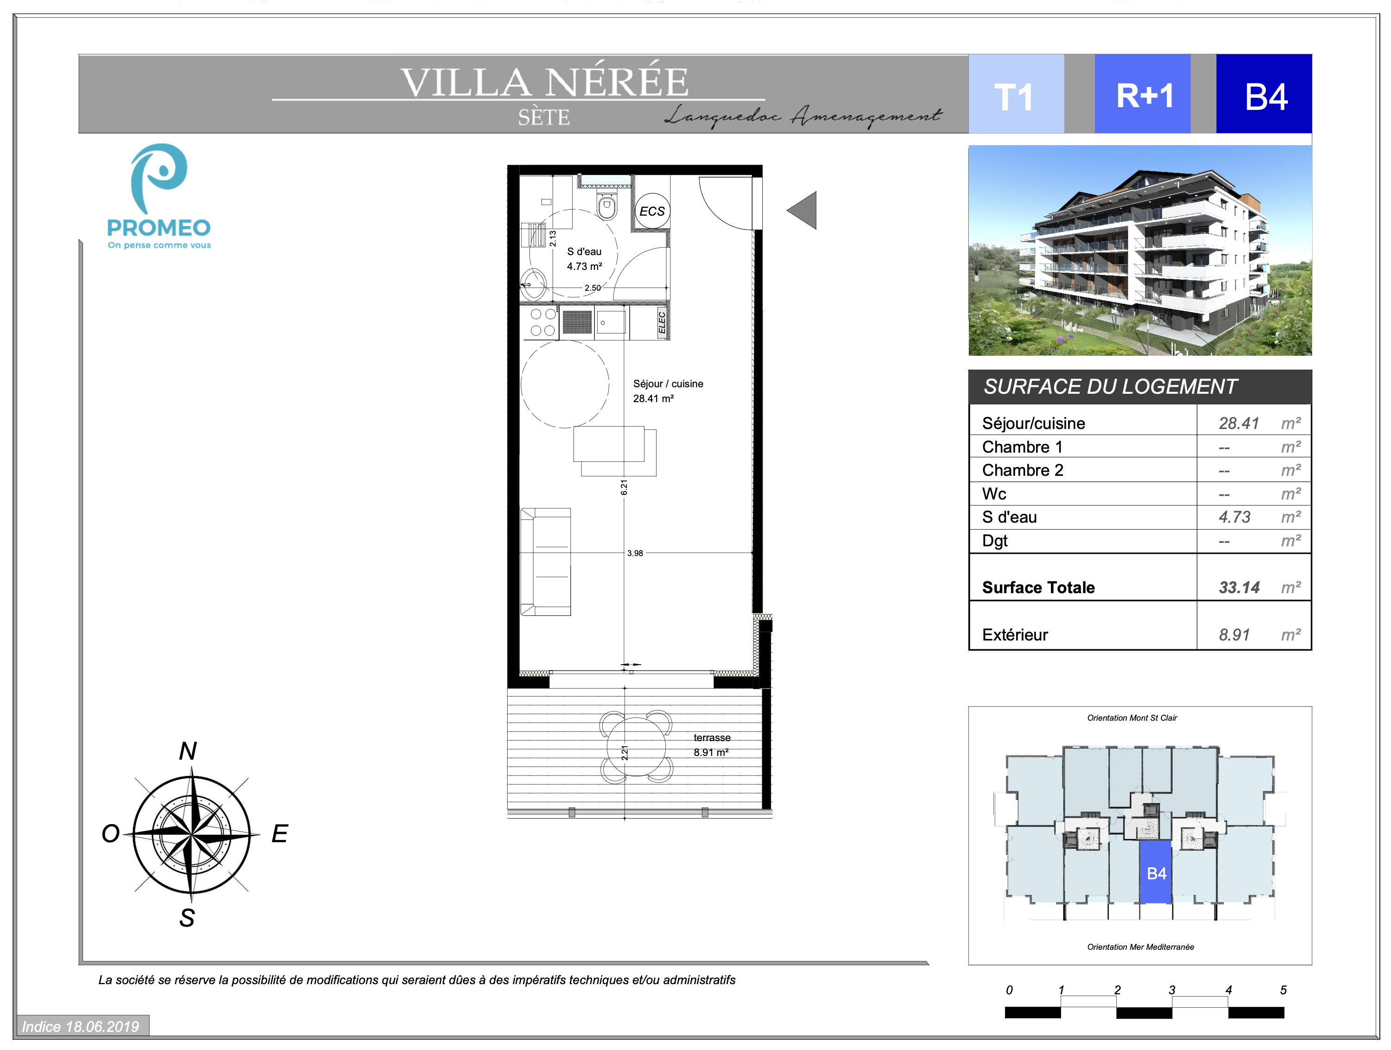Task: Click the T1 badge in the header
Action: click(1016, 94)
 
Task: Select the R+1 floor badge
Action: click(1143, 94)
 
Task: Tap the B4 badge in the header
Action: click(1264, 94)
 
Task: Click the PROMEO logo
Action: click(159, 197)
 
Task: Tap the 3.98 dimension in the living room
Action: click(635, 553)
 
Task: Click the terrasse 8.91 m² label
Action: click(712, 745)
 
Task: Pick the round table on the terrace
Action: click(637, 748)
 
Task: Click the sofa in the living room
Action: click(545, 562)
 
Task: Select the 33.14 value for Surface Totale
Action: click(1239, 588)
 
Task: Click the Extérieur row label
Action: click(1015, 635)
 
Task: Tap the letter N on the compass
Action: click(188, 751)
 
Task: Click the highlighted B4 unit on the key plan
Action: click(1156, 872)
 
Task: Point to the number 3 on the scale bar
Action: click(1172, 990)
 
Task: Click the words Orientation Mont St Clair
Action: click(1132, 718)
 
